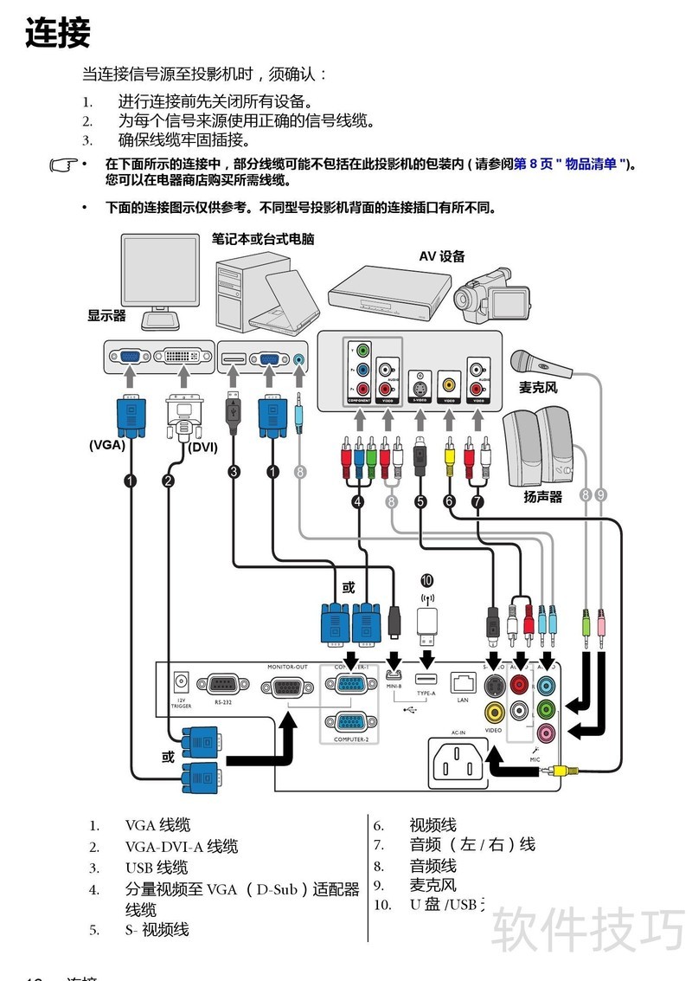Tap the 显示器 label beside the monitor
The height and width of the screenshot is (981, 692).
[106, 316]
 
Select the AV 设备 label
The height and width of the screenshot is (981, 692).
[442, 256]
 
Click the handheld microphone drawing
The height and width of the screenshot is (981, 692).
[540, 364]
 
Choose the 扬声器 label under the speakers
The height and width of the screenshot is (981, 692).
[542, 497]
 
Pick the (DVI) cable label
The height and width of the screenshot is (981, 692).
[203, 447]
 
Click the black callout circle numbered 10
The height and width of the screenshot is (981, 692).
[426, 580]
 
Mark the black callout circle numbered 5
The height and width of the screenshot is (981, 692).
[421, 500]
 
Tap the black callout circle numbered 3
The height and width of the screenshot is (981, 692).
[234, 472]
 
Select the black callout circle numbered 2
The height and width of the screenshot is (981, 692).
[168, 480]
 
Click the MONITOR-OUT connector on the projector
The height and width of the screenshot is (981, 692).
[287, 689]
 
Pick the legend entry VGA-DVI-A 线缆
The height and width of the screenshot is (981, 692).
[181, 847]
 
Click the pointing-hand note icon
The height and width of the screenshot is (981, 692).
[63, 164]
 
